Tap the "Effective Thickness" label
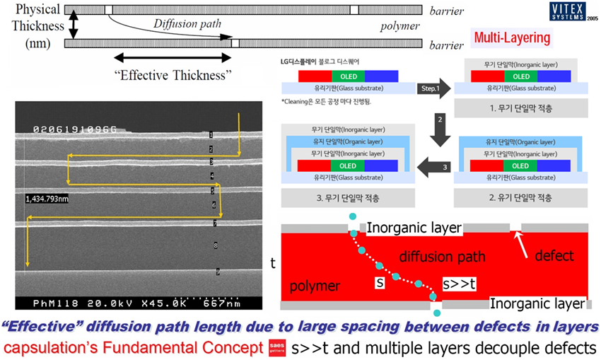(x=173, y=74)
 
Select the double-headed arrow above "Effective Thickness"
(x=173, y=57)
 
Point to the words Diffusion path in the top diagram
(x=187, y=23)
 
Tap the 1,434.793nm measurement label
(x=49, y=199)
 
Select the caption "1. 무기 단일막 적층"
(x=518, y=108)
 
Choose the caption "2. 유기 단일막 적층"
(x=518, y=196)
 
